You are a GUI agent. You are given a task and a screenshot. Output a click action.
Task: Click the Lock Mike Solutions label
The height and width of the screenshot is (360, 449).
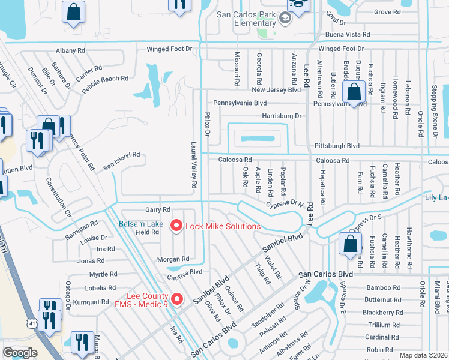(223, 226)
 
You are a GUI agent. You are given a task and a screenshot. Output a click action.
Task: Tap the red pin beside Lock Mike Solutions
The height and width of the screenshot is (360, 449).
(176, 226)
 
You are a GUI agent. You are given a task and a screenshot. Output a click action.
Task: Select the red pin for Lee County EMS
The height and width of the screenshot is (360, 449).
(176, 298)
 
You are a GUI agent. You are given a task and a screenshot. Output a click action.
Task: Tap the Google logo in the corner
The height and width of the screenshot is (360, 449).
(20, 352)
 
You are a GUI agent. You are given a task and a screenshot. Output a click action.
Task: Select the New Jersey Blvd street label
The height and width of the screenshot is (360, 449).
(276, 90)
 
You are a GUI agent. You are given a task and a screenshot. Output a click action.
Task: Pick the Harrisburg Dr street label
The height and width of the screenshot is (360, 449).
(281, 116)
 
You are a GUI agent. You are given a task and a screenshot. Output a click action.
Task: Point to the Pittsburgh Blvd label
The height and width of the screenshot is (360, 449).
(337, 146)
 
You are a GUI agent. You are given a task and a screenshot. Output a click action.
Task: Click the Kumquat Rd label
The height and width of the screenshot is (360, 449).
(88, 302)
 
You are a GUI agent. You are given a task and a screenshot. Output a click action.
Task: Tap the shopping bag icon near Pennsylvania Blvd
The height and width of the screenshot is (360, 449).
(354, 92)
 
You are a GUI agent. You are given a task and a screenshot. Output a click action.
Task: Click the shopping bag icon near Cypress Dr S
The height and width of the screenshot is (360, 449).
(350, 244)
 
